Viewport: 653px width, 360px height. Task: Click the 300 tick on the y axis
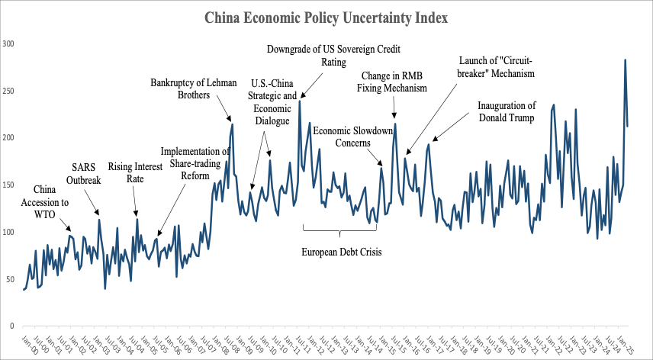9,43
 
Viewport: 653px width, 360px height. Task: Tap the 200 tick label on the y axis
9,138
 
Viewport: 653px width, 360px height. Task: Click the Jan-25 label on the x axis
622,343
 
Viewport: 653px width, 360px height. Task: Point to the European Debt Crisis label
341,252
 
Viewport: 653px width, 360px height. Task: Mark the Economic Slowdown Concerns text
352,136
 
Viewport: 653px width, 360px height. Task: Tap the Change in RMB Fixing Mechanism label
392,82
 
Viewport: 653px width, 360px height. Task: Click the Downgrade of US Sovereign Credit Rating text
333,56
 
